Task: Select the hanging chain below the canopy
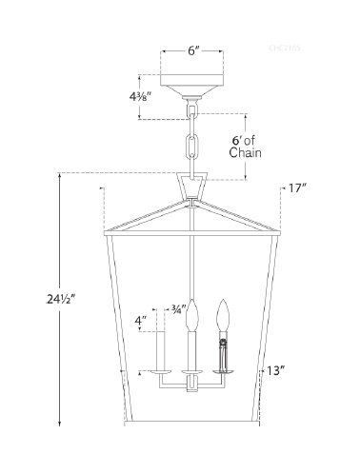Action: click(x=194, y=143)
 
